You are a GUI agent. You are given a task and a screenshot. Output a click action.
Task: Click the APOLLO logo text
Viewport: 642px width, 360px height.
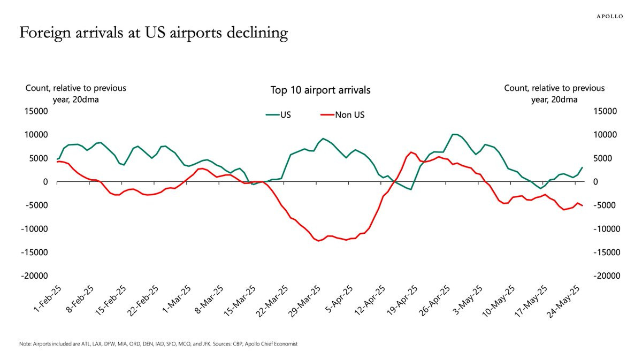(x=609, y=16)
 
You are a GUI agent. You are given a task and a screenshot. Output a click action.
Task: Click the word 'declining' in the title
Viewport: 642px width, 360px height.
(x=255, y=33)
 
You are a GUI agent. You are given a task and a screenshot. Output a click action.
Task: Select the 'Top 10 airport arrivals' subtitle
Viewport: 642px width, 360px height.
(x=320, y=90)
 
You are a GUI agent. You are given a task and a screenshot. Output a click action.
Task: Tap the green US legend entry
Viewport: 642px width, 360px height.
(x=278, y=114)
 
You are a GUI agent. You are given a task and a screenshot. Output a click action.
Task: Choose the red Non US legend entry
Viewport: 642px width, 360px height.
(x=342, y=114)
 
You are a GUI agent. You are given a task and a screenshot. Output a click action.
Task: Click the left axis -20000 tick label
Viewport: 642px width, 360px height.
(x=35, y=276)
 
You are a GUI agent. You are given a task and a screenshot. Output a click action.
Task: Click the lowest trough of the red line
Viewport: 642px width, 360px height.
(x=319, y=241)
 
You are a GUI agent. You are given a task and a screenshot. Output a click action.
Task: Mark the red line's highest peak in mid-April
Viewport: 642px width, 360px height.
(x=410, y=152)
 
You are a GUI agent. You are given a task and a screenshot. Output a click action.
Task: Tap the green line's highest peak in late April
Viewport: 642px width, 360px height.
(x=454, y=134)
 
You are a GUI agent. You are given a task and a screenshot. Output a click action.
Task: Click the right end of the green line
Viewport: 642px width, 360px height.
(x=582, y=167)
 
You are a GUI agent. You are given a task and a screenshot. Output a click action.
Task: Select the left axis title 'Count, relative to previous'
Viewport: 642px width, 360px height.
(x=76, y=88)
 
